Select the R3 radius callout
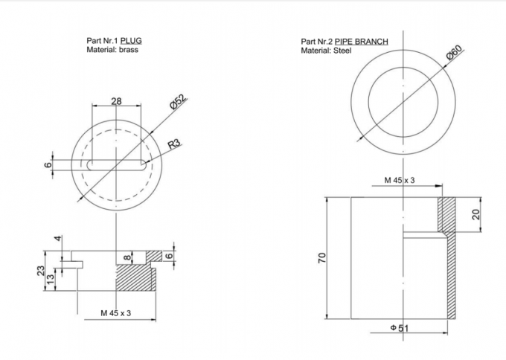pyautogui.click(x=173, y=144)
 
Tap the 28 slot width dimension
pyautogui.click(x=116, y=101)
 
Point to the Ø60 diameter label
pyautogui.click(x=454, y=54)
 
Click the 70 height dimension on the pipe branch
pyautogui.click(x=322, y=257)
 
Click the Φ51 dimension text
pyautogui.click(x=400, y=327)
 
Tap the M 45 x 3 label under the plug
pyautogui.click(x=115, y=313)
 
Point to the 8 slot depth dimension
pyautogui.click(x=127, y=257)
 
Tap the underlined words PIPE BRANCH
pyautogui.click(x=360, y=42)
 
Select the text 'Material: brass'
pyautogui.click(x=112, y=50)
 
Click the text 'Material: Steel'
pyautogui.click(x=326, y=51)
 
